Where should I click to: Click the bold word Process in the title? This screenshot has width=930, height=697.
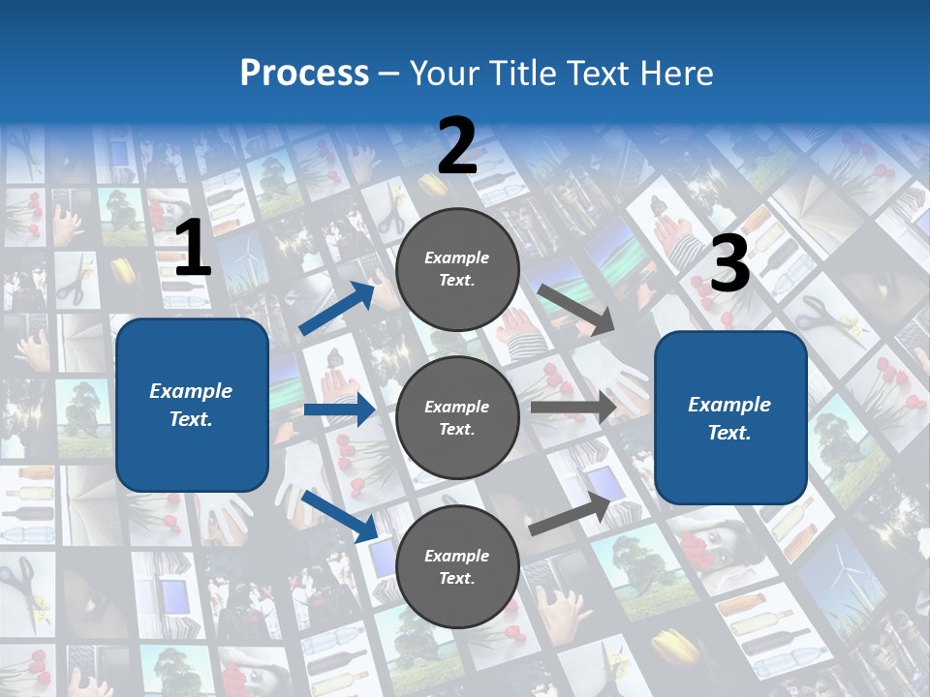click(x=304, y=73)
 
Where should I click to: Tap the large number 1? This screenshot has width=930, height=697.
click(x=193, y=250)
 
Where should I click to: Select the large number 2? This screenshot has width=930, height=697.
click(x=457, y=146)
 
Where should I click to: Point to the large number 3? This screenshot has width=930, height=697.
click(x=729, y=264)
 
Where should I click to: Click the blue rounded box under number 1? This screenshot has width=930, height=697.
click(x=192, y=405)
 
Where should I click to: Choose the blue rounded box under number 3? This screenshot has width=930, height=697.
click(x=730, y=418)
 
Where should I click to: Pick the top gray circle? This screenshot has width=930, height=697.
click(x=457, y=269)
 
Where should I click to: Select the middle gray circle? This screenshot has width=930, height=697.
click(x=457, y=417)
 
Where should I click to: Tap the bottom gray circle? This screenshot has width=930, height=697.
click(x=457, y=566)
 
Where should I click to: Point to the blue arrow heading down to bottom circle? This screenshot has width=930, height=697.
click(x=340, y=515)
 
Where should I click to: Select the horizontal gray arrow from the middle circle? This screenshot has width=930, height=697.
click(x=573, y=408)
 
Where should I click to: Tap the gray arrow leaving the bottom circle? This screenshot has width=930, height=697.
click(x=572, y=514)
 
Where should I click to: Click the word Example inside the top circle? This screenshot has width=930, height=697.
click(x=457, y=258)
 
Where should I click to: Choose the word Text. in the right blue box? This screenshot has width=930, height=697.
click(x=729, y=433)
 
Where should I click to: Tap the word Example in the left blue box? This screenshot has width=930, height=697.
click(x=191, y=391)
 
